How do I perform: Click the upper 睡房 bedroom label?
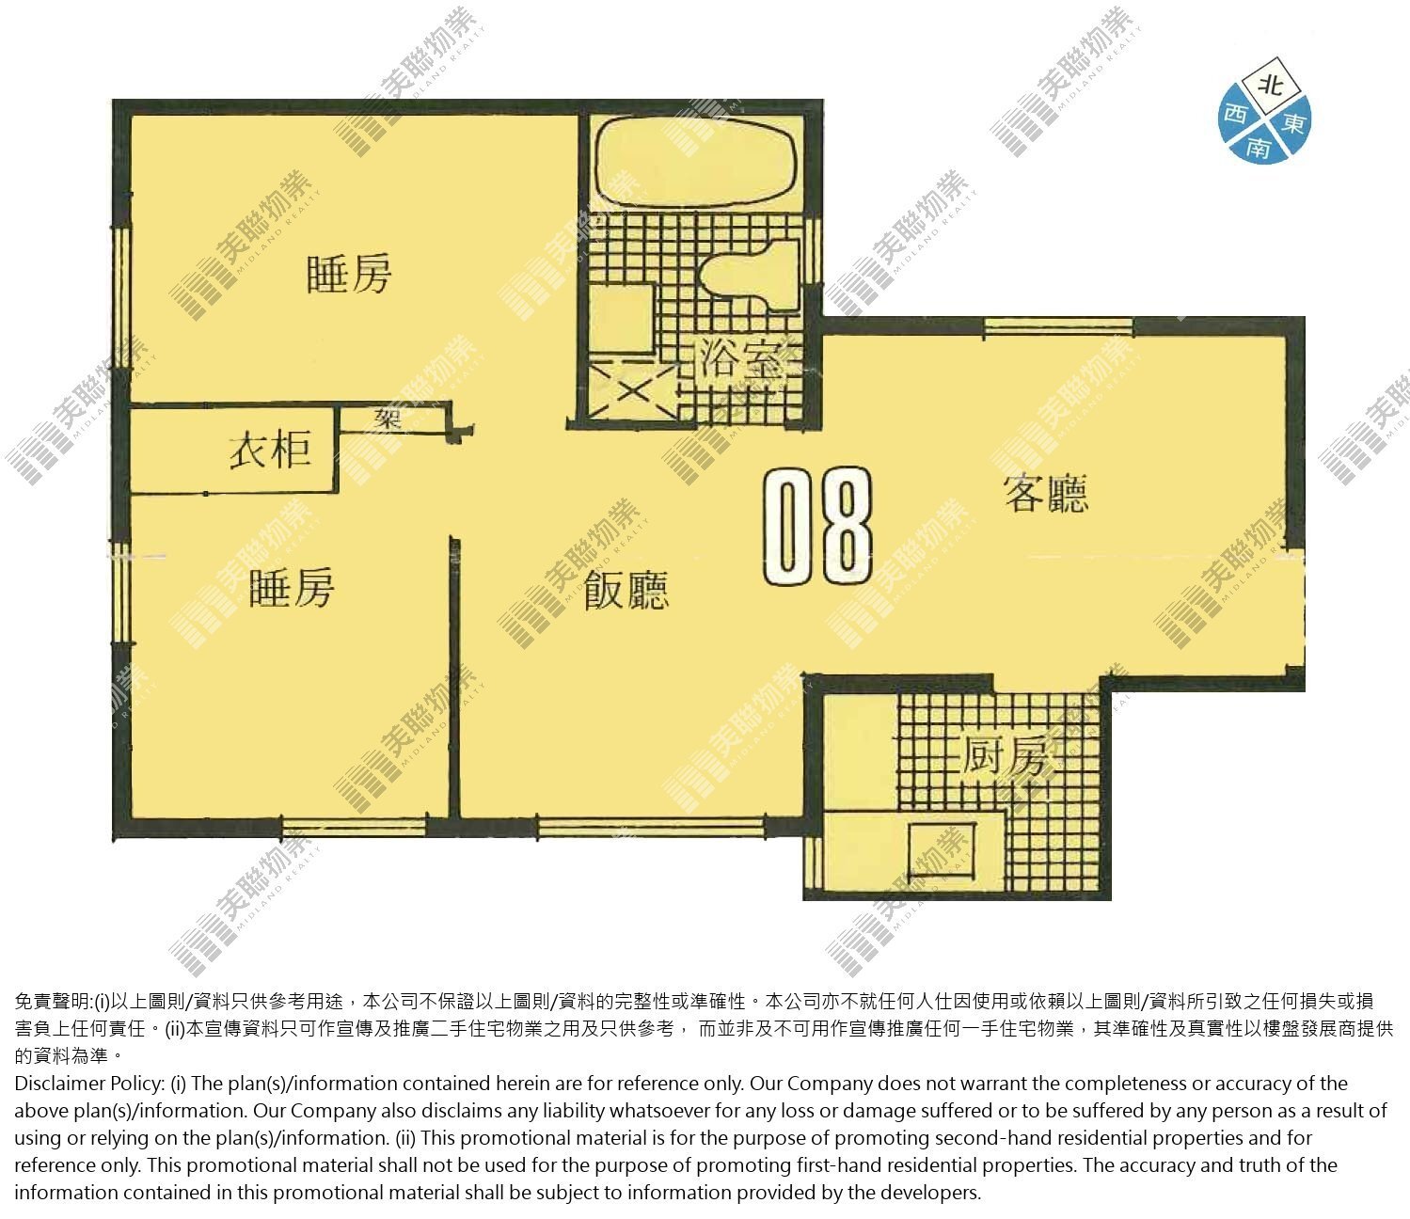click(349, 275)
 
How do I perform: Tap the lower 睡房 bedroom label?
click(292, 587)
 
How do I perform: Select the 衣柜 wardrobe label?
click(270, 450)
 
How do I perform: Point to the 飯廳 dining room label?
click(626, 590)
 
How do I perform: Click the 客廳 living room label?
click(1046, 493)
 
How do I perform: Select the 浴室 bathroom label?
click(741, 358)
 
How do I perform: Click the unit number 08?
click(818, 526)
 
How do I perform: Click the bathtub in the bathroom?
click(697, 159)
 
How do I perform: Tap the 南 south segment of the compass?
click(1258, 147)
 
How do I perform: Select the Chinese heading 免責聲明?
click(52, 1002)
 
